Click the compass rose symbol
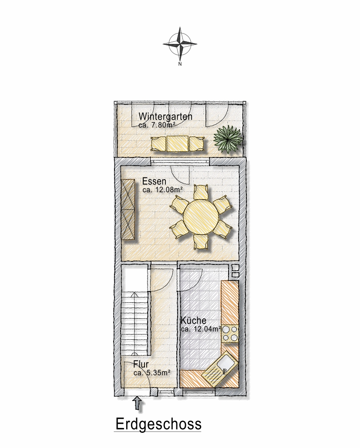click(180, 44)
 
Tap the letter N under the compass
click(180, 64)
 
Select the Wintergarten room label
click(165, 117)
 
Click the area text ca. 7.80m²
click(157, 124)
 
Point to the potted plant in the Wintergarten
click(228, 139)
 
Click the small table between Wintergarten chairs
click(178, 144)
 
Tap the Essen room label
click(154, 181)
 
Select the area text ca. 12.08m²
click(162, 189)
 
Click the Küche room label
click(193, 321)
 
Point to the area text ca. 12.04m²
click(201, 328)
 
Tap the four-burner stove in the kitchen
click(230, 334)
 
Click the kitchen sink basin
click(225, 364)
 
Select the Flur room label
click(141, 364)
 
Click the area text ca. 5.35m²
click(152, 373)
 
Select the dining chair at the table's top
click(200, 193)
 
